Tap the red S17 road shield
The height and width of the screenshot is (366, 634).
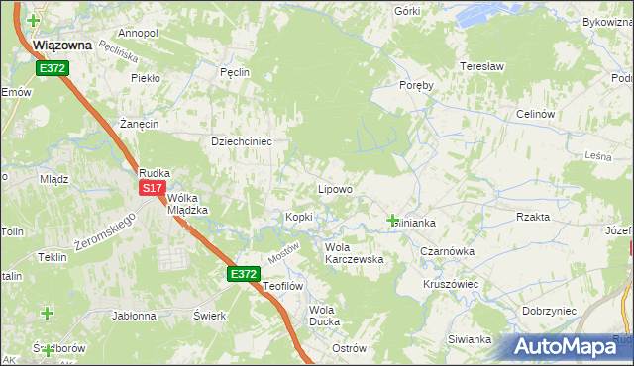151,187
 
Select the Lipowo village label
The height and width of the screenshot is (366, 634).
334,188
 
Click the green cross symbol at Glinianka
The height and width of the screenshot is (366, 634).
393,220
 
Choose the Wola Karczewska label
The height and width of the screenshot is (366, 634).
354,252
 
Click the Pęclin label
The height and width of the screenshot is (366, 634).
235,72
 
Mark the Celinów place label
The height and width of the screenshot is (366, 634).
534,114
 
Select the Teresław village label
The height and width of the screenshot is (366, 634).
482,66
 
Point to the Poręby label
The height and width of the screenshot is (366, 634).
416,85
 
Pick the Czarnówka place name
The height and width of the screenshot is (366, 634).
447,251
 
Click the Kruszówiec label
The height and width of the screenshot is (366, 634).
451,283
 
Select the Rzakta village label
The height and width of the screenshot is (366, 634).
533,217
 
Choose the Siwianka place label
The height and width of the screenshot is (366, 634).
470,339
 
